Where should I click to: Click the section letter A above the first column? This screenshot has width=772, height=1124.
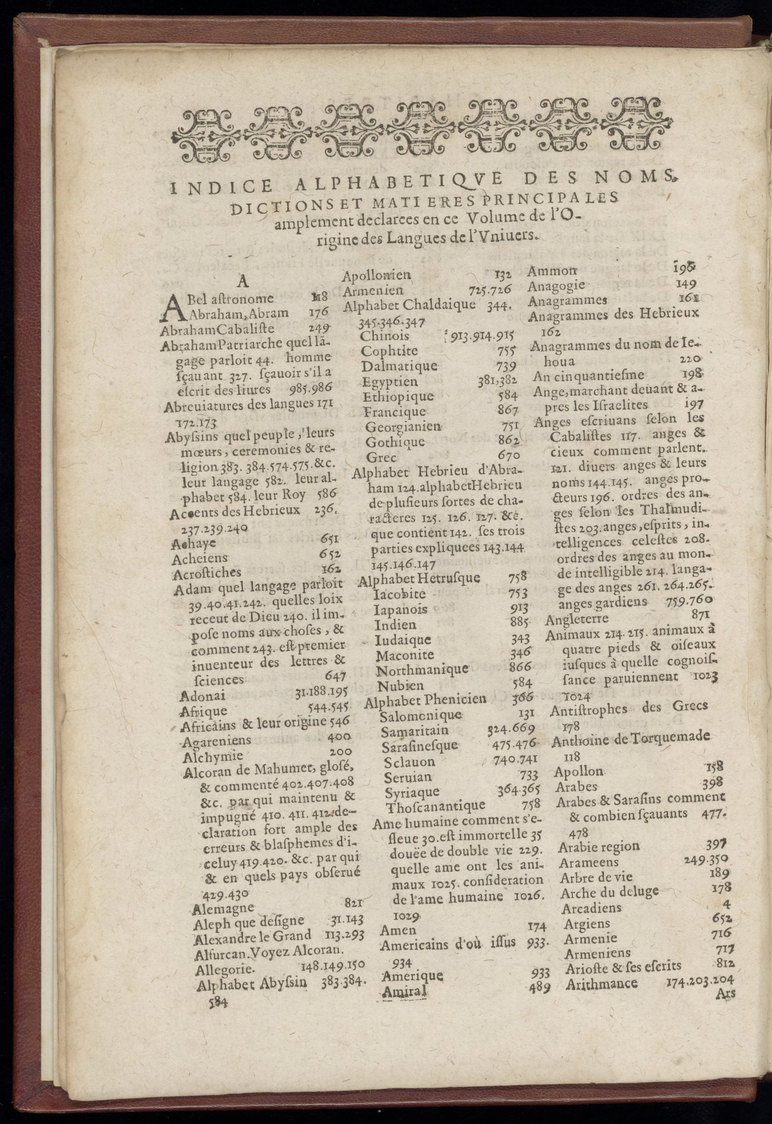242,281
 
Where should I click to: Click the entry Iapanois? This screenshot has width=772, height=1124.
400,609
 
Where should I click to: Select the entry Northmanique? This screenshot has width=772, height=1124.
422,670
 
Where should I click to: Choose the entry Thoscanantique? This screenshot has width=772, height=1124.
435,806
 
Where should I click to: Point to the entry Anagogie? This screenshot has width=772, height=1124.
556,285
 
